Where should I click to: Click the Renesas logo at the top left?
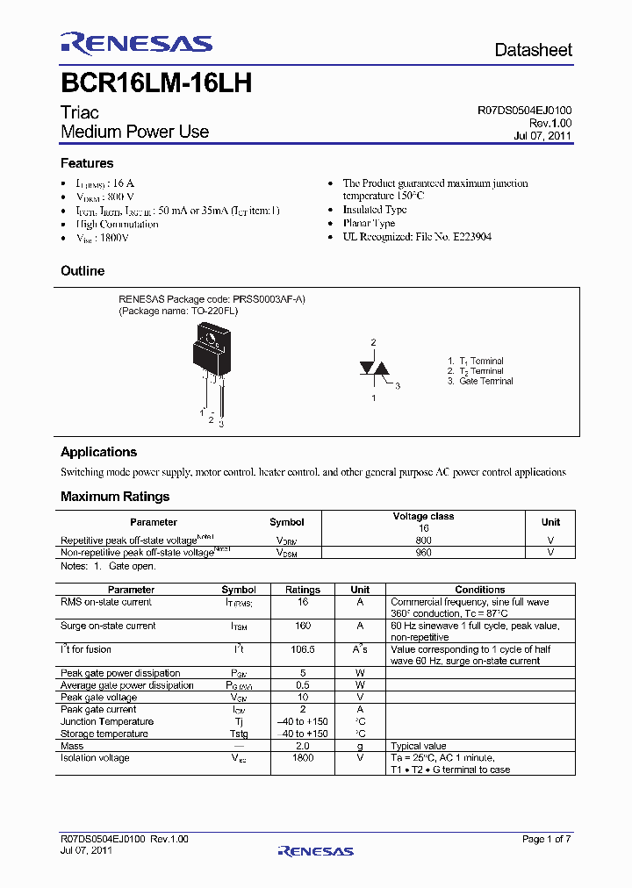136,44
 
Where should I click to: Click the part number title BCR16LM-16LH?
156,83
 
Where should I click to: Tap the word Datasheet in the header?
533,50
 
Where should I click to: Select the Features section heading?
87,163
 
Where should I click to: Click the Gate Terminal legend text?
485,382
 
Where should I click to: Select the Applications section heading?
98,452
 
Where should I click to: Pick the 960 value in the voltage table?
424,553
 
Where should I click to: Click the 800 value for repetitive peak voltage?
424,541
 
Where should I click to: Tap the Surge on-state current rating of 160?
304,626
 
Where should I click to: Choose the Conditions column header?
479,590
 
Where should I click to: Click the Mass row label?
72,746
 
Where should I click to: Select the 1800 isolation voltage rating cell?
304,758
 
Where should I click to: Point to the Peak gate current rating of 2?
304,709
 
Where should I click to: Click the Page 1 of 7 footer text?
546,839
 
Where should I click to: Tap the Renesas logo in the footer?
315,850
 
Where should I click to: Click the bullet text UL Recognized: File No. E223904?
417,237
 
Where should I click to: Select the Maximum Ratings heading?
115,497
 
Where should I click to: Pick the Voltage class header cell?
424,517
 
